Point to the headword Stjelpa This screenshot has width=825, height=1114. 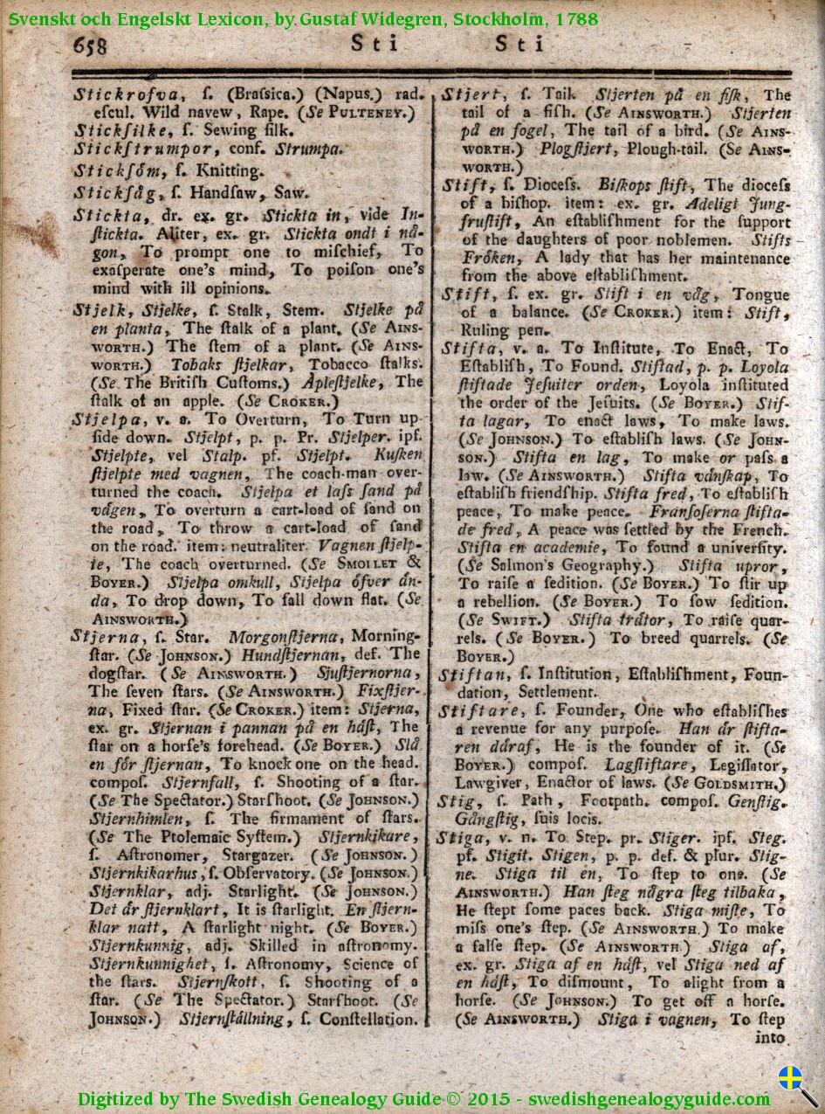(x=102, y=419)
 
